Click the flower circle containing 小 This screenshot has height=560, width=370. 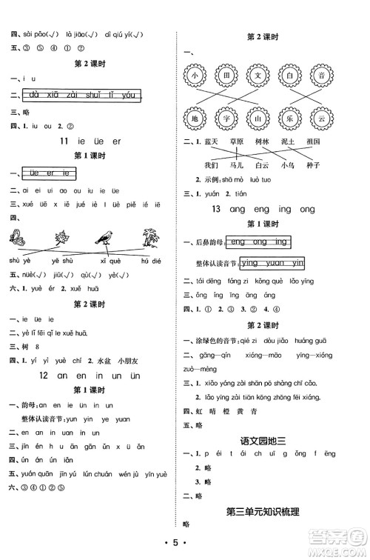[194, 76]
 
